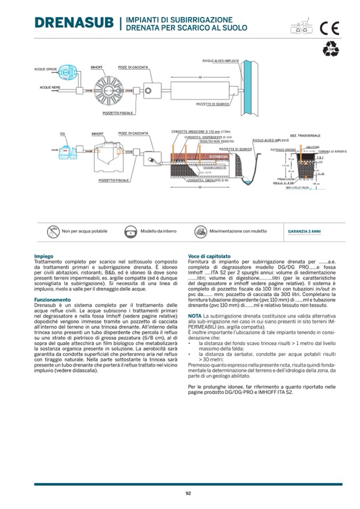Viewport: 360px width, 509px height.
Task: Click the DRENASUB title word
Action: [74, 23]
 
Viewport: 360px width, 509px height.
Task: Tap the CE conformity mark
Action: [329, 28]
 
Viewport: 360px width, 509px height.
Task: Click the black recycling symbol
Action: [330, 49]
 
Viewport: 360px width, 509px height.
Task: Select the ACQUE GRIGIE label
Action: [45, 70]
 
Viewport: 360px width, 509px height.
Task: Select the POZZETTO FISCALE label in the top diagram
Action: [118, 113]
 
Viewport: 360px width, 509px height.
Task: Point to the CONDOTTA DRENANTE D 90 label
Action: [200, 180]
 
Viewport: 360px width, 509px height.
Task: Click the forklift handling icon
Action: [200, 231]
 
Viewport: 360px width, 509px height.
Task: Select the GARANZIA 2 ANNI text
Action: [304, 231]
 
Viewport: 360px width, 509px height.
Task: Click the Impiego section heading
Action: [44, 256]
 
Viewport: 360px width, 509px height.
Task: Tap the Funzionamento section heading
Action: [53, 299]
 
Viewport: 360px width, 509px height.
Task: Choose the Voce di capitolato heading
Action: [209, 256]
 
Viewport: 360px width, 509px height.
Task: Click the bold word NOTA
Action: [194, 316]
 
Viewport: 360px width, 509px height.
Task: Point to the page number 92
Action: [188, 493]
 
